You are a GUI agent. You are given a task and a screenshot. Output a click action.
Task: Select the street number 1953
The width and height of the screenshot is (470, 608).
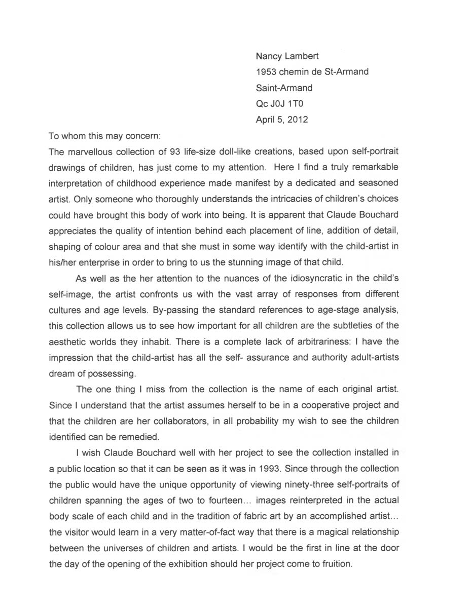pyautogui.click(x=267, y=72)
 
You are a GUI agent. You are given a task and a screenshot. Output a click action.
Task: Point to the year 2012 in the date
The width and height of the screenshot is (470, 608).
pyautogui.click(x=297, y=120)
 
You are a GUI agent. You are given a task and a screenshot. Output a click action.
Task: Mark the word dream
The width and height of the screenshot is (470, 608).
pyautogui.click(x=60, y=374)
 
